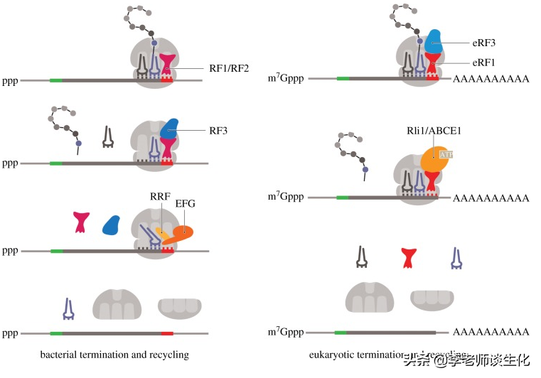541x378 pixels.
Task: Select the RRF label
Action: point(161,195)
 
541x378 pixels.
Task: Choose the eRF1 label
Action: point(483,63)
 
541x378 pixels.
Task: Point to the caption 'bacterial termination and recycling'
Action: point(114,355)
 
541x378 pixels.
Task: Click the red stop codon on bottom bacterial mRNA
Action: point(167,333)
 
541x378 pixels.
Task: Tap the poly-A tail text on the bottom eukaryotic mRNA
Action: point(491,332)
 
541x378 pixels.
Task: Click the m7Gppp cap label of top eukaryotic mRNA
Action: point(285,79)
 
